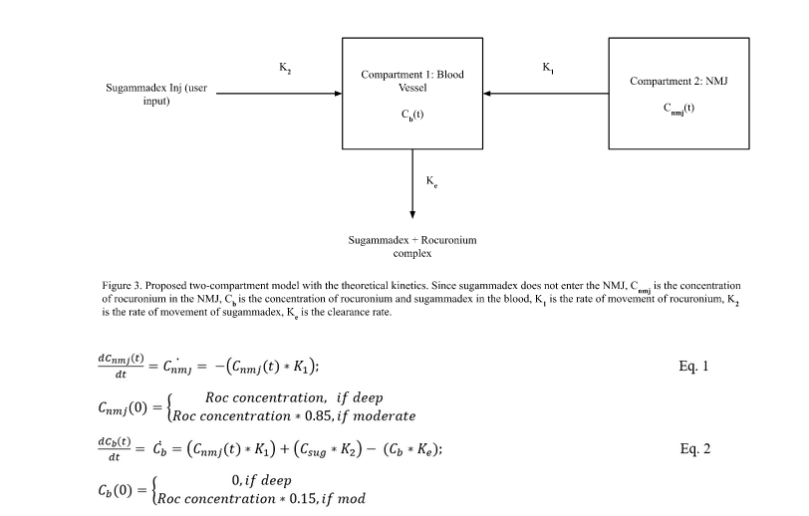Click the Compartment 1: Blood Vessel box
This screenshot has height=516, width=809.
[x=412, y=94]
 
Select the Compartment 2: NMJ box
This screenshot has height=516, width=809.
[x=679, y=94]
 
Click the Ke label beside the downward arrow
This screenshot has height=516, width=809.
[x=432, y=181]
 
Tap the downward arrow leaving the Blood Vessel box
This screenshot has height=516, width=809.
[x=412, y=185]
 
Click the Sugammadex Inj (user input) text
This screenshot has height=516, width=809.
[x=156, y=94]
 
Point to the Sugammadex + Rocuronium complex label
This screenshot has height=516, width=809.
[x=412, y=247]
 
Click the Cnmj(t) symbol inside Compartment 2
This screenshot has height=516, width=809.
[x=679, y=109]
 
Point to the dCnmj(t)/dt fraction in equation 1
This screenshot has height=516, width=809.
[x=128, y=367]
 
